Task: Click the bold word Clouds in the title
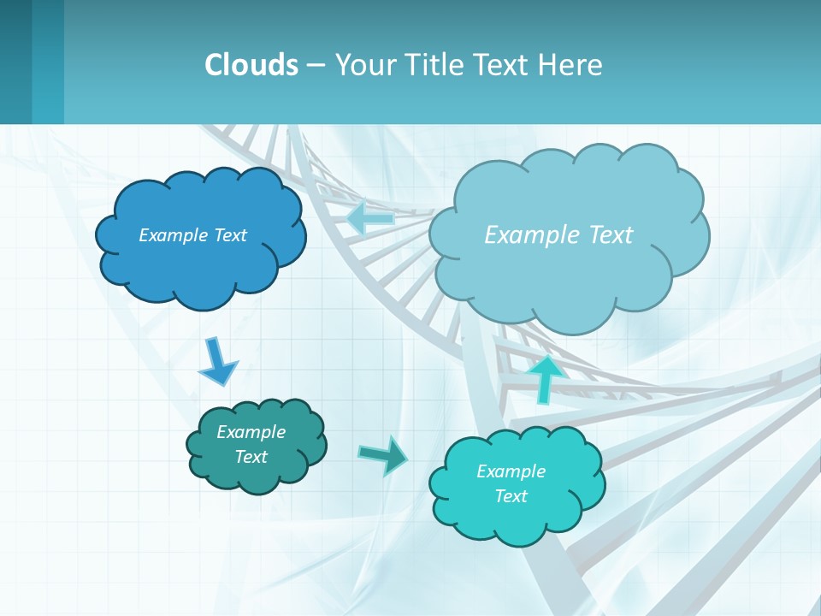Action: point(251,65)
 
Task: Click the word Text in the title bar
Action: point(503,65)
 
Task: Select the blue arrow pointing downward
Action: point(217,361)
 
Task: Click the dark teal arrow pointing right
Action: point(382,455)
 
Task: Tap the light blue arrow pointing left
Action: point(370,217)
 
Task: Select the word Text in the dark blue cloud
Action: point(231,235)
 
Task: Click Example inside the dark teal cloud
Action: point(251,432)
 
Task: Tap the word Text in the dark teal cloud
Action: point(251,457)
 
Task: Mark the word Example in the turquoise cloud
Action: point(511,471)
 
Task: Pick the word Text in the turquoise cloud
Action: point(511,496)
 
